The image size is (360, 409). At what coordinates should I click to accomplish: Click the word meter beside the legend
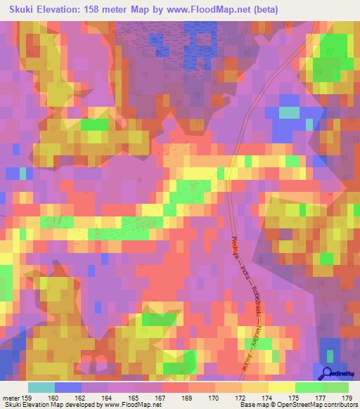pyautogui.click(x=11, y=396)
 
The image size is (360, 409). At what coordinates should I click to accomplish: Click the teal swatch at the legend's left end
pyautogui.click(x=41, y=387)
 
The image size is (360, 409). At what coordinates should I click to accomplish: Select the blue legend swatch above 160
pyautogui.click(x=68, y=387)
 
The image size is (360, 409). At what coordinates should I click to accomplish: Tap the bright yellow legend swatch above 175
pyautogui.click(x=281, y=387)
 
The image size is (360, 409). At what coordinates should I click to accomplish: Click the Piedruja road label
pyautogui.click(x=235, y=250)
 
